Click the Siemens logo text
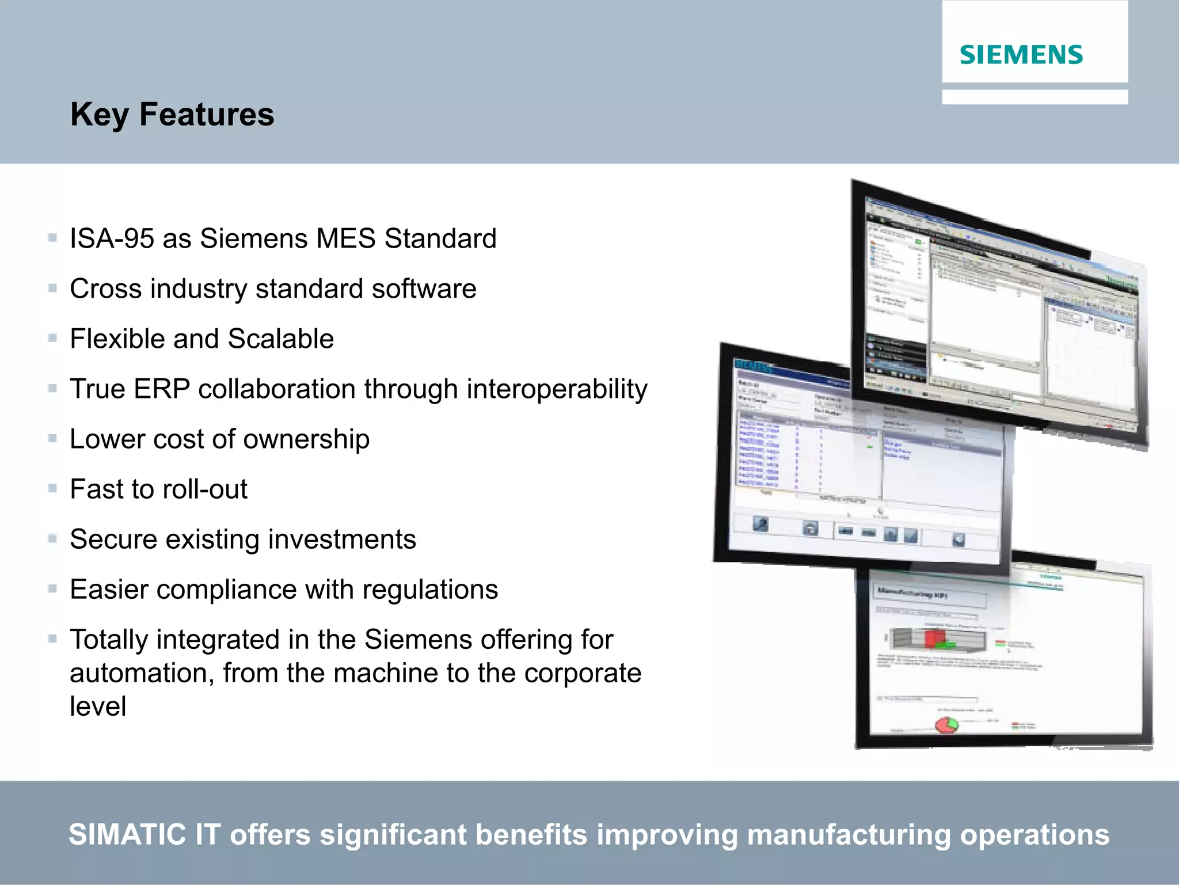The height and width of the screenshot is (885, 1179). coord(1021,55)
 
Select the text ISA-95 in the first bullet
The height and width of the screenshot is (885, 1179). coord(112,238)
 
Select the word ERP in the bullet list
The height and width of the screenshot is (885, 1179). coord(161,389)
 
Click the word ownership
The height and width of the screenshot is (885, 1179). coord(306,440)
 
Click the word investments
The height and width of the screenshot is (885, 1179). coord(342,540)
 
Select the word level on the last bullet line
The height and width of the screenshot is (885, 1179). coord(98,706)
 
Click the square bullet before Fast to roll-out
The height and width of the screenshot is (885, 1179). coord(52,489)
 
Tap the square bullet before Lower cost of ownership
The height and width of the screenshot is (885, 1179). coord(52,439)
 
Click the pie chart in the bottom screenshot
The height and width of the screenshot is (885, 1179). coord(946,724)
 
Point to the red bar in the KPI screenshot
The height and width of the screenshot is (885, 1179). coord(935,638)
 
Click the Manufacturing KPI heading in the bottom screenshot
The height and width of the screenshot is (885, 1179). coord(912,594)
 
